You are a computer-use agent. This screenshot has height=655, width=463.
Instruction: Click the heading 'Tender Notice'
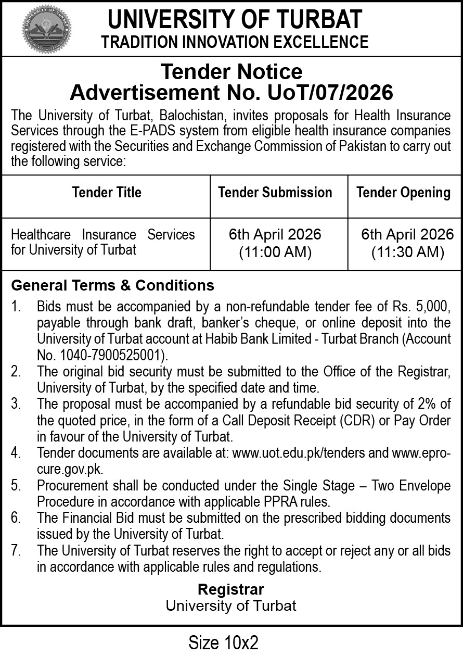(x=231, y=71)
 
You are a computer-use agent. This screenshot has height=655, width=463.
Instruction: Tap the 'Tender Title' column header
(x=107, y=193)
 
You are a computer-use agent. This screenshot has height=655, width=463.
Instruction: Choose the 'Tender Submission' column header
(x=275, y=193)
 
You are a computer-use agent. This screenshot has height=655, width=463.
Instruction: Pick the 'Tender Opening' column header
(x=403, y=193)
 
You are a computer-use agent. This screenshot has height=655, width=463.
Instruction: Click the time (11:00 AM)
(x=275, y=253)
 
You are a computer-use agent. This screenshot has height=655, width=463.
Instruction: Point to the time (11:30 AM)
(x=407, y=253)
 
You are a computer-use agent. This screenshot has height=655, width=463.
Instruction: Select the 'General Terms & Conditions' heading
(x=112, y=285)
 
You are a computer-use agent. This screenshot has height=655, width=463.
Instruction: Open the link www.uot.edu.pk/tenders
(x=299, y=453)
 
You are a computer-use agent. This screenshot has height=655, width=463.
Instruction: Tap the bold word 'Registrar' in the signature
(x=231, y=589)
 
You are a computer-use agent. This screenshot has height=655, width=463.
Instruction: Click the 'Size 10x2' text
(x=223, y=642)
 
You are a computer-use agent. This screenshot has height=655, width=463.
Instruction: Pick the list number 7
(x=16, y=550)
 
